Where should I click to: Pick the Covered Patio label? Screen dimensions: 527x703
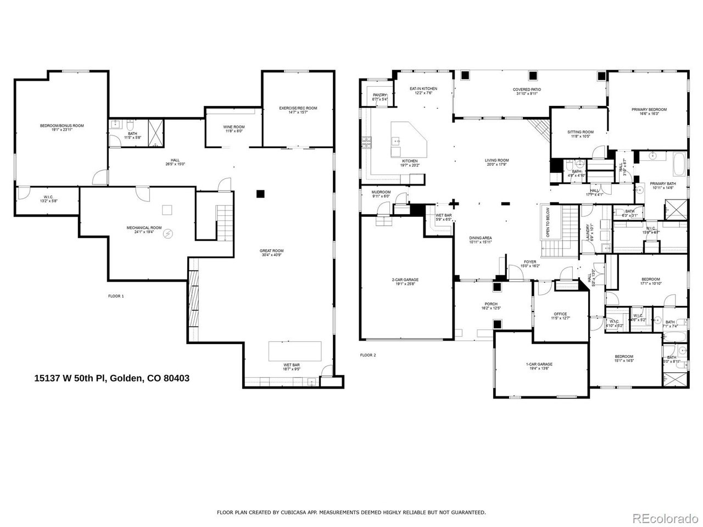tap(527, 92)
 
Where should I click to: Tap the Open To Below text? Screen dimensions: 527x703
tap(548, 221)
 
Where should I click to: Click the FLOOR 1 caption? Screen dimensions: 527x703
tap(116, 296)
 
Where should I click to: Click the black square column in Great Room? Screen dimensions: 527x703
tap(261, 193)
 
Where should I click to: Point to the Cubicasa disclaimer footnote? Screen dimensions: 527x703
tap(351, 512)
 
